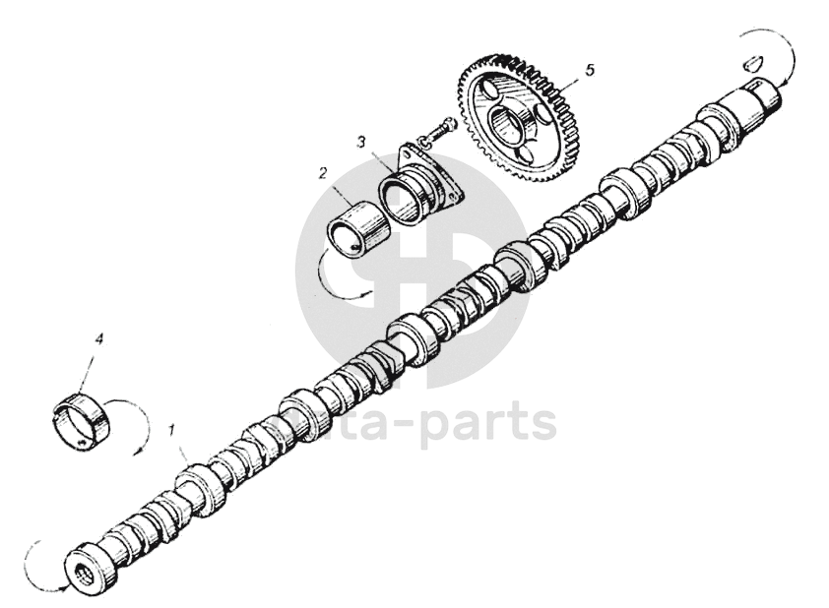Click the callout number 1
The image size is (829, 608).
tap(173, 430)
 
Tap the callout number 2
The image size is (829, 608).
tap(323, 173)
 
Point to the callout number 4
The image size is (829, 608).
tap(98, 338)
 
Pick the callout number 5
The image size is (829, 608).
tap(589, 70)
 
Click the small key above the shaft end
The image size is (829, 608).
tap(753, 61)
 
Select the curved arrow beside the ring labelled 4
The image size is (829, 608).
tap(138, 423)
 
